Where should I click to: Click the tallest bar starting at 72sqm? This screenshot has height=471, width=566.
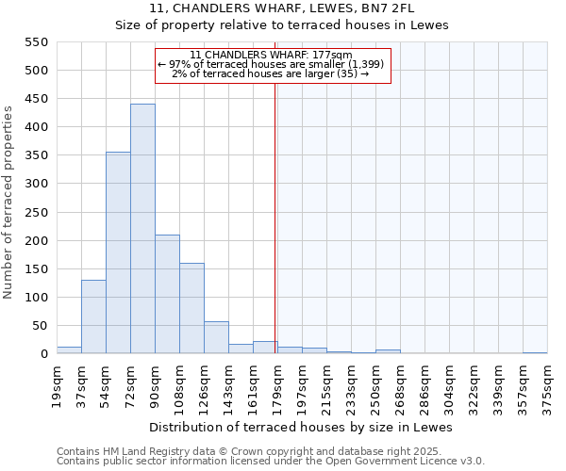click(142, 229)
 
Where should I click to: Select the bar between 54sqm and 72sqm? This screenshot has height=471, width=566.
click(118, 252)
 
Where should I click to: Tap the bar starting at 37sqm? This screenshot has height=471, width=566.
click(93, 317)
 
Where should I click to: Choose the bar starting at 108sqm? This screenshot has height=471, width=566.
click(191, 308)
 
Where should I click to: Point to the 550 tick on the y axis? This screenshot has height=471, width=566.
click(35, 42)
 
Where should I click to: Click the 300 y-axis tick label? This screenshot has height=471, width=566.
click(35, 184)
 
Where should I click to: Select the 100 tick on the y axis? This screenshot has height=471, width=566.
click(35, 298)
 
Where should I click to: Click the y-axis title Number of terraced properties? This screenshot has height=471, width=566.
click(8, 203)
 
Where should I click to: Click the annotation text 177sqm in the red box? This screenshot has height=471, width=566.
click(271, 55)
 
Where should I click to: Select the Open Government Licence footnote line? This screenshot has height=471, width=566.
click(270, 462)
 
